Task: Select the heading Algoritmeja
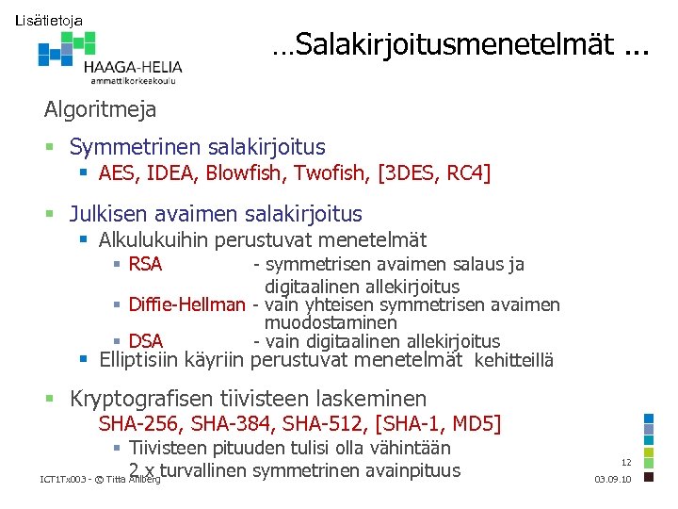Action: click(x=100, y=109)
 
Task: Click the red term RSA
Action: click(x=145, y=265)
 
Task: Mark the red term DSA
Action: click(x=145, y=341)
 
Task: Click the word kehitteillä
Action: click(x=514, y=360)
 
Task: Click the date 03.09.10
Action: click(x=614, y=480)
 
